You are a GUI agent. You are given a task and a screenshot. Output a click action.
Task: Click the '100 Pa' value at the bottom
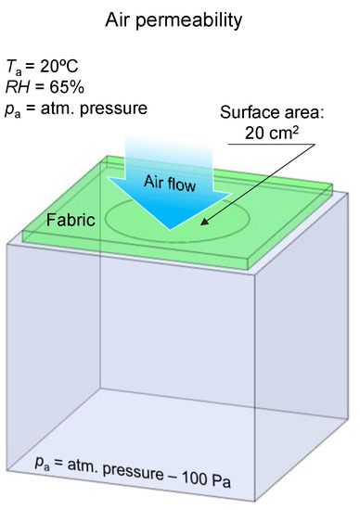click(x=208, y=483)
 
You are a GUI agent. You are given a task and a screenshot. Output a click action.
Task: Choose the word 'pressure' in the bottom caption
click(x=139, y=483)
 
